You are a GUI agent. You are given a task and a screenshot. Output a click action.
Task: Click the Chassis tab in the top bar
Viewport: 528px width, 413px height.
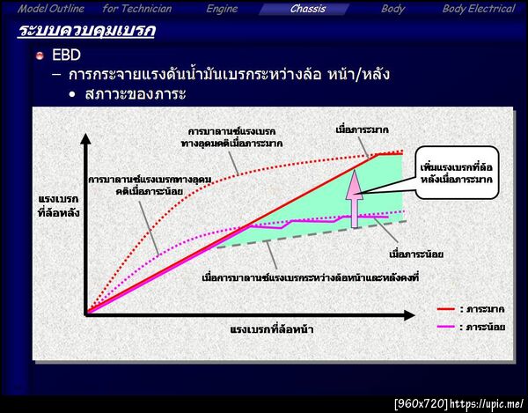[x=307, y=9]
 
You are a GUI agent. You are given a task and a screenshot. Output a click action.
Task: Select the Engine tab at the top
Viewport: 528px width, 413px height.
[x=222, y=9]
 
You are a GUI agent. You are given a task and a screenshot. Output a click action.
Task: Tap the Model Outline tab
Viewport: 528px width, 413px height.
[x=51, y=9]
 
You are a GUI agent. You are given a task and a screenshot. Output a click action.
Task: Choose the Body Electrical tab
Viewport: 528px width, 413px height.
[x=478, y=9]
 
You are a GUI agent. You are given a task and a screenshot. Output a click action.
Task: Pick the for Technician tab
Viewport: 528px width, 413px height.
[x=136, y=9]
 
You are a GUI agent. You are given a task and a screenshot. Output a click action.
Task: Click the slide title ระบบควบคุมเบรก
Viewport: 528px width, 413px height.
[x=86, y=32]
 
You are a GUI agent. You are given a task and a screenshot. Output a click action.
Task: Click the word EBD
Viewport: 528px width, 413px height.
[x=66, y=55]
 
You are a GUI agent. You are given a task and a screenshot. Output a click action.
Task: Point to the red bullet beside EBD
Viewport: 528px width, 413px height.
[x=40, y=55]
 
